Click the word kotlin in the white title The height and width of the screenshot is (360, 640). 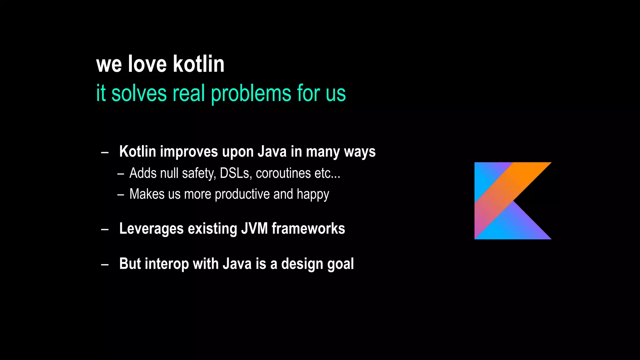[199, 64]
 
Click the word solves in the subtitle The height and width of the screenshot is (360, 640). [139, 93]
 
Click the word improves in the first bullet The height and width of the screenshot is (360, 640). [189, 152]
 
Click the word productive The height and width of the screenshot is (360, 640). [242, 194]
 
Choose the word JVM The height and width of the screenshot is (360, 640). [254, 228]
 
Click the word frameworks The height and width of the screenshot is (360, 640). [308, 228]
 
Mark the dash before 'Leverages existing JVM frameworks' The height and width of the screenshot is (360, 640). [105, 229]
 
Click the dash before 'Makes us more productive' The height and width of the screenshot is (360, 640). [121, 195]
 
